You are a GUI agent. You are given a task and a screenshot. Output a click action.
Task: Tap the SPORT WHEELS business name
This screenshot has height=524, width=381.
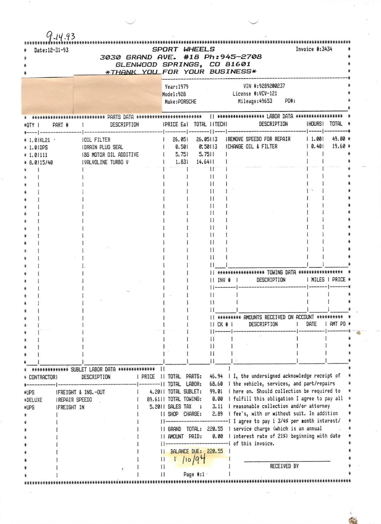coord(183,49)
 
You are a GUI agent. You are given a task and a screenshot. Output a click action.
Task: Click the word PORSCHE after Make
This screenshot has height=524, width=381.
coord(187,102)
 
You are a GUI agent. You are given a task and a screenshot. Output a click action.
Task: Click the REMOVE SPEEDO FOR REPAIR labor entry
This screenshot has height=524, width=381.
coord(259,139)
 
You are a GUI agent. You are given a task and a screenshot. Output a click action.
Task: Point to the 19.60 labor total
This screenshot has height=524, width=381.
coord(338,147)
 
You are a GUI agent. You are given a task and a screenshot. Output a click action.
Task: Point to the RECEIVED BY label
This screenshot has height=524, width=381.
coord(284,466)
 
